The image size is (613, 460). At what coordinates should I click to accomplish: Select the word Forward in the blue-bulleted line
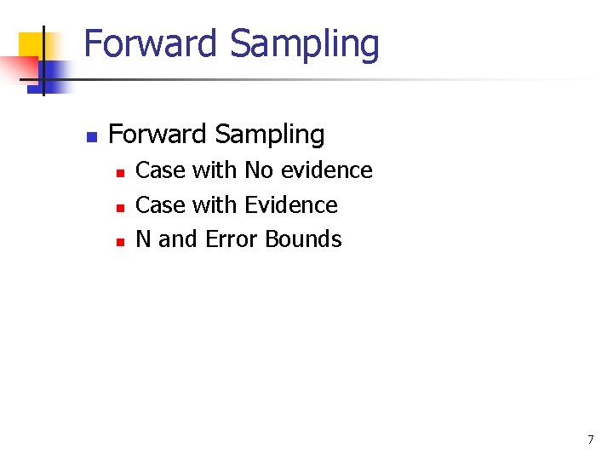click(x=158, y=135)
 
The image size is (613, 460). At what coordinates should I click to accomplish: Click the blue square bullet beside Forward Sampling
click(x=92, y=136)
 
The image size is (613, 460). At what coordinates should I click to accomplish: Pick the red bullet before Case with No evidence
click(x=120, y=173)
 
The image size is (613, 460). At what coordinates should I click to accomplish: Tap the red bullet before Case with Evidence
click(x=120, y=207)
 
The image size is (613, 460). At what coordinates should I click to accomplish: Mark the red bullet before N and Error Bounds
click(x=120, y=242)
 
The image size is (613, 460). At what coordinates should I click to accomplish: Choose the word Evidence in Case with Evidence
click(x=291, y=205)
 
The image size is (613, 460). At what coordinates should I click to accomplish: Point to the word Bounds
click(x=303, y=239)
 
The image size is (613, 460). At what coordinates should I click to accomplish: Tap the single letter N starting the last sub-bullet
click(x=144, y=239)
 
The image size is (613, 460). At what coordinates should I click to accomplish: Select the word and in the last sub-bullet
click(x=177, y=239)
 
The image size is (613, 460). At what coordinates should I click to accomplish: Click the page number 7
click(x=591, y=440)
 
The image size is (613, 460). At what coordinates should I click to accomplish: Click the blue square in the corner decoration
click(x=53, y=75)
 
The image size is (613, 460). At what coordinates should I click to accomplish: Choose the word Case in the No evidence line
click(x=160, y=170)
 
